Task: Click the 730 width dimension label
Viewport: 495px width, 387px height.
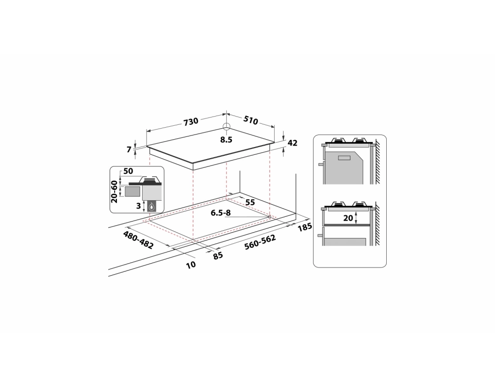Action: click(x=190, y=122)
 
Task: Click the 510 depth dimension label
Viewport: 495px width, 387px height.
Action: click(x=250, y=121)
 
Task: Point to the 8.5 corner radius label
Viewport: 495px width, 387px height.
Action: click(x=226, y=140)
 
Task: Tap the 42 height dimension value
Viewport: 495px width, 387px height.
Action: click(x=292, y=143)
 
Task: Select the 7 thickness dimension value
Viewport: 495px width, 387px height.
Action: click(x=129, y=150)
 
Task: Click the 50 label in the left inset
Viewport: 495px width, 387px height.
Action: click(x=128, y=172)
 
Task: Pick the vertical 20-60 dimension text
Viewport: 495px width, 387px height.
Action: click(x=115, y=192)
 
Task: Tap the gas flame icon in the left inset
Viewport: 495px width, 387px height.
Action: click(x=153, y=207)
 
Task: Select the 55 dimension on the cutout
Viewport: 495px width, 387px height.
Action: click(x=250, y=202)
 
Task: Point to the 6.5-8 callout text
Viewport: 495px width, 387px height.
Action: click(x=220, y=213)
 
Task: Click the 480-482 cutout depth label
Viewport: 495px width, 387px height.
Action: click(x=138, y=240)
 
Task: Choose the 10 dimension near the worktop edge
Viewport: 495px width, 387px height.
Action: click(x=191, y=265)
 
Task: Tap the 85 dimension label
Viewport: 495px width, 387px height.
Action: click(x=218, y=255)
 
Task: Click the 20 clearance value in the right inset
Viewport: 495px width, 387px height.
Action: click(x=348, y=218)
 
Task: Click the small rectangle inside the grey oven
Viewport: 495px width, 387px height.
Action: click(x=344, y=157)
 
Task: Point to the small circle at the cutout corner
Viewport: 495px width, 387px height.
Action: click(x=269, y=217)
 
